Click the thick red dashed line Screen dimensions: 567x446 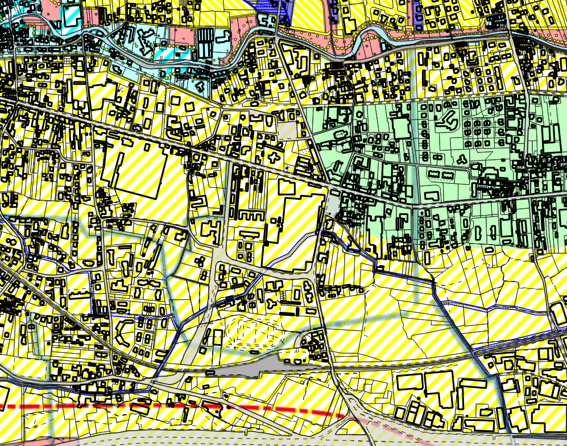(171, 406)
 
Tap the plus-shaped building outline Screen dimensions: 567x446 (275, 156)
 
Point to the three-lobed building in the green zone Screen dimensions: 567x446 (462, 159)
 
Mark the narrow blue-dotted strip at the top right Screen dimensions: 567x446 (418, 14)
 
